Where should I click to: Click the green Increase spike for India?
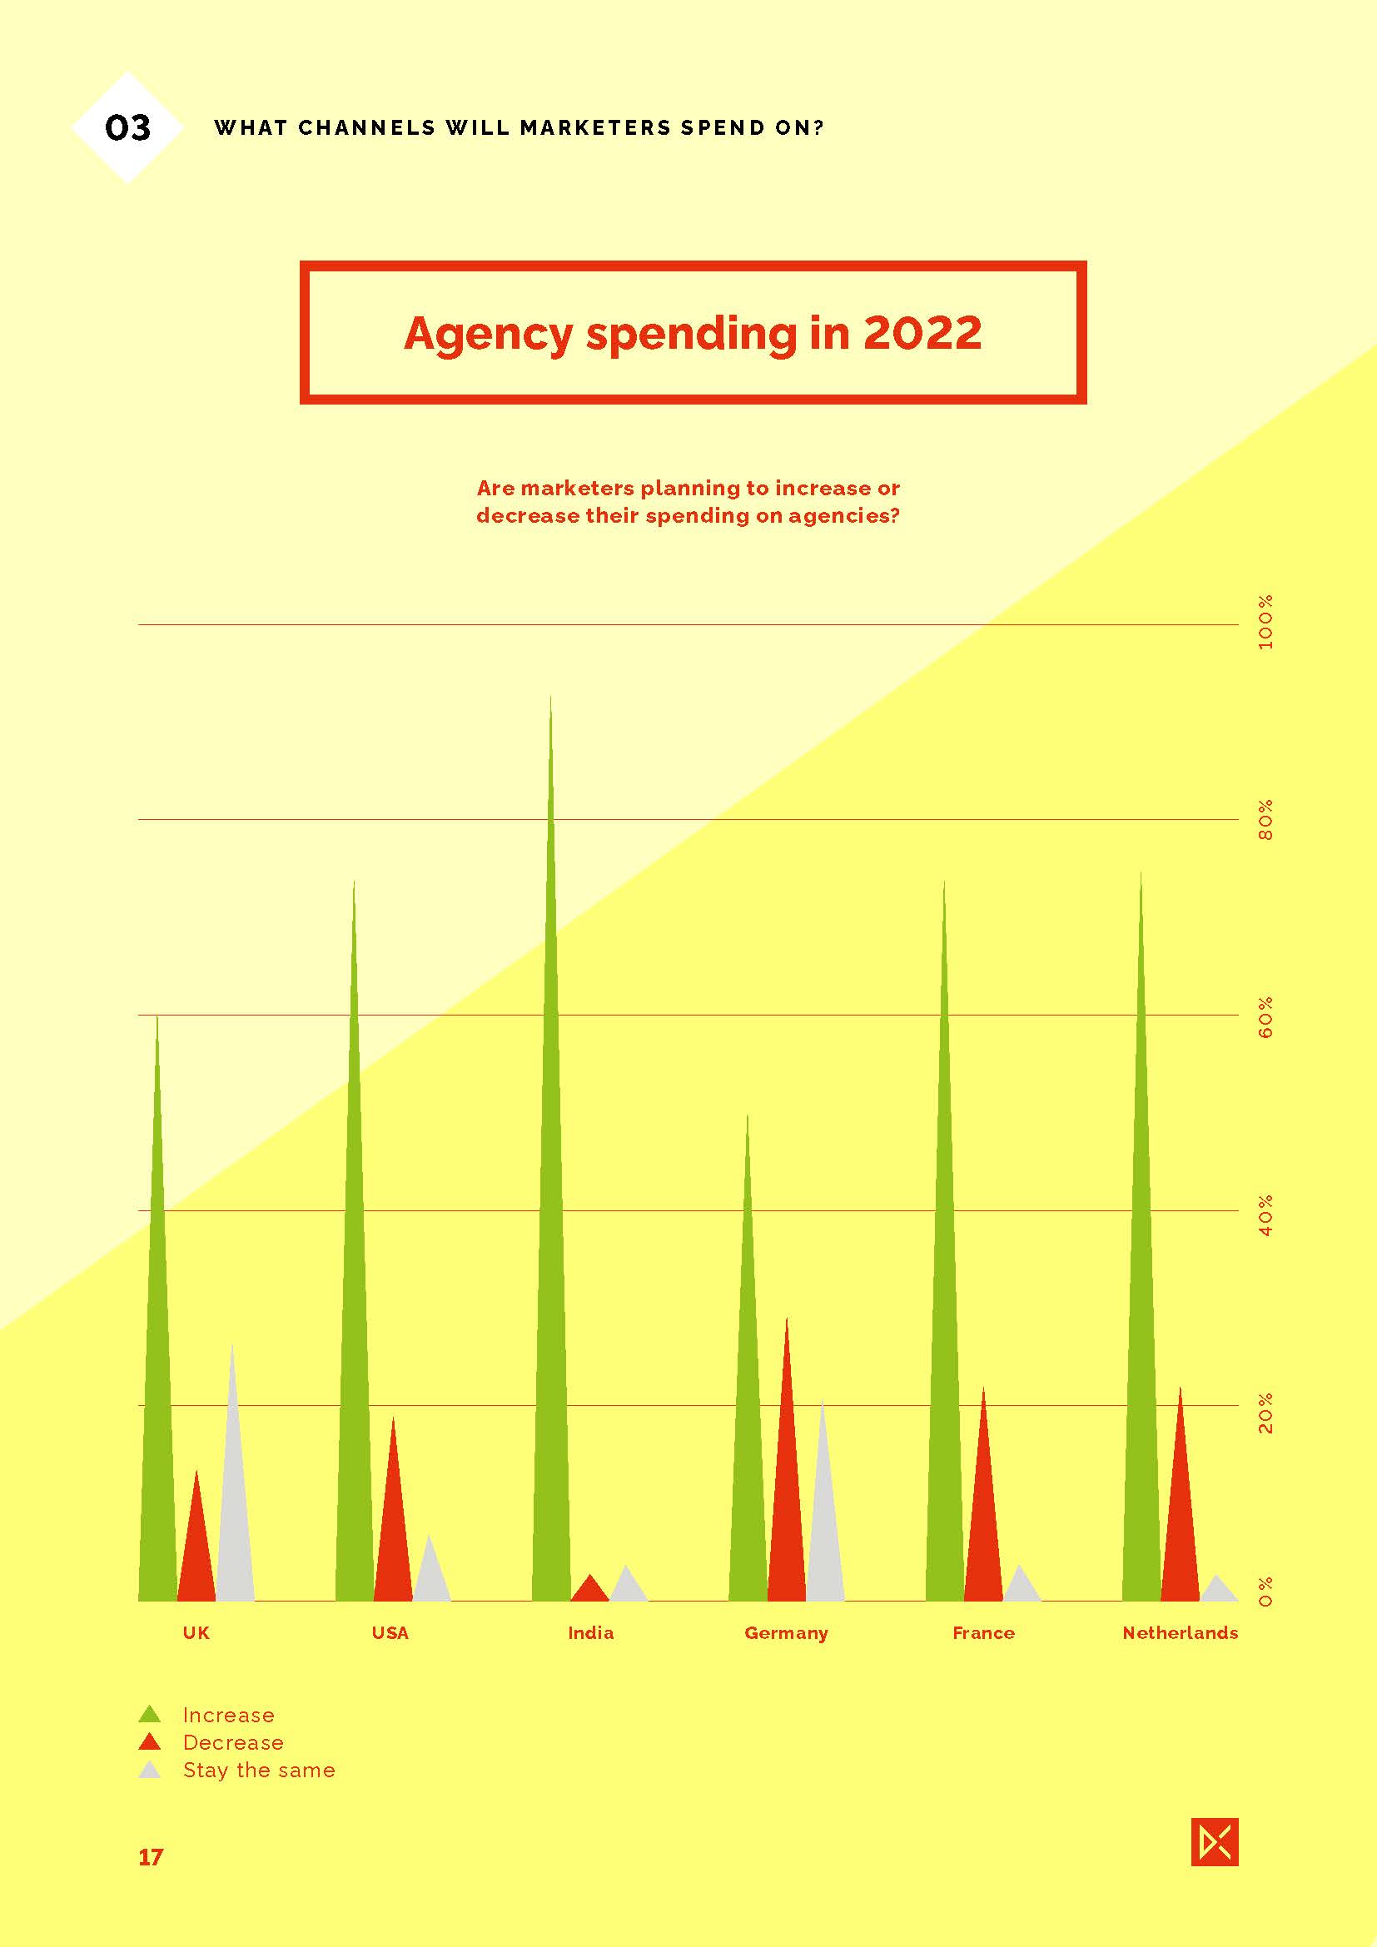coord(550,1272)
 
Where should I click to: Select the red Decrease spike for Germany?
coord(787,1509)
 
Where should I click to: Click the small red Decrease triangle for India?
coord(590,1591)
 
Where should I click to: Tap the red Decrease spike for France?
coord(983,1527)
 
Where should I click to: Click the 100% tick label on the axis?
coord(1266,623)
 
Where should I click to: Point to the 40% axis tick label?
coord(1266,1214)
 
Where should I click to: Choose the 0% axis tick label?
coord(1266,1592)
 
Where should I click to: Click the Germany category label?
coord(786,1633)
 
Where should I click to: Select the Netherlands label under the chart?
coord(1180,1633)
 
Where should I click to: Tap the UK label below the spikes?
coord(196,1633)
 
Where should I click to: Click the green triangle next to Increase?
coord(149,1715)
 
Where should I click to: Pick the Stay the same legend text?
coord(259,1771)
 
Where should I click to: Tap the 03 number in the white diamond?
coord(128,128)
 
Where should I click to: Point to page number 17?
coord(150,1858)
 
